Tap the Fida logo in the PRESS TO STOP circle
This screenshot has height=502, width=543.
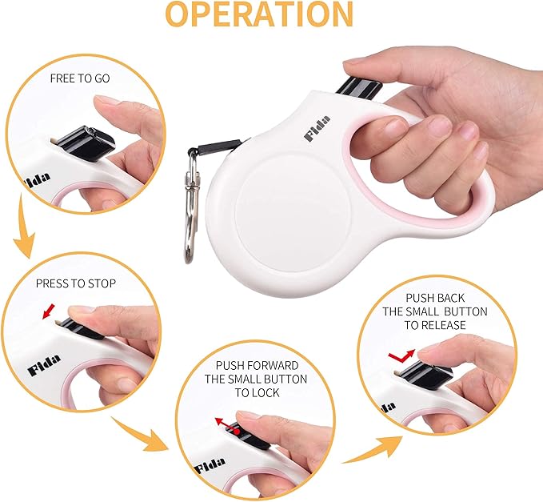coord(43,370)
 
